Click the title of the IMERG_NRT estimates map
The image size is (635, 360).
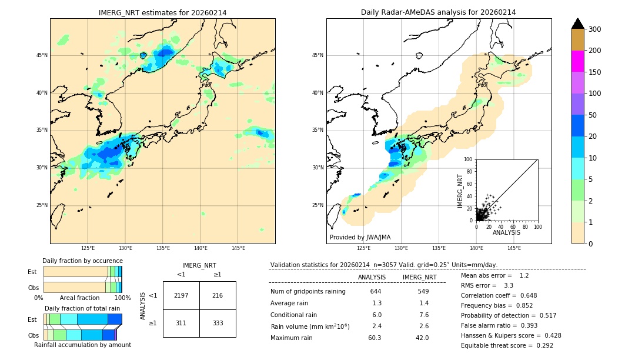tap(162, 12)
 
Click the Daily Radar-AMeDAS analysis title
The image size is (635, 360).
tap(438, 12)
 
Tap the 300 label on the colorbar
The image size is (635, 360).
tap(594, 29)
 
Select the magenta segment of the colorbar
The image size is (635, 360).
tap(577, 61)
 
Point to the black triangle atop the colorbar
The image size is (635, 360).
tap(577, 24)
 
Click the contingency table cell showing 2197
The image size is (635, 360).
tap(181, 295)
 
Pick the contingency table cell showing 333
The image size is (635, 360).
tap(218, 323)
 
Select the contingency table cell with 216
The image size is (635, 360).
tap(218, 295)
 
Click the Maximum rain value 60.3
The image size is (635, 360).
tap(375, 338)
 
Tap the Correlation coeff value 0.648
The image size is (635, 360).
tap(524, 295)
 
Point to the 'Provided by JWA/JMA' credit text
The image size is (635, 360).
tap(360, 238)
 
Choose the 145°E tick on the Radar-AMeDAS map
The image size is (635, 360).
tap(514, 248)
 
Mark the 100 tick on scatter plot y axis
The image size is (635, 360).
tap(468, 159)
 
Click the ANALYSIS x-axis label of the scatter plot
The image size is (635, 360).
tap(506, 232)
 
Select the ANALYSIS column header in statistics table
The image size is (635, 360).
tap(372, 277)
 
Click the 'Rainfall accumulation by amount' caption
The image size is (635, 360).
tap(82, 345)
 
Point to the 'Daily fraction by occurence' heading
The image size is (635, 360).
tap(82, 261)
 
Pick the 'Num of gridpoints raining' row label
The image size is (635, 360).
tap(308, 291)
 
